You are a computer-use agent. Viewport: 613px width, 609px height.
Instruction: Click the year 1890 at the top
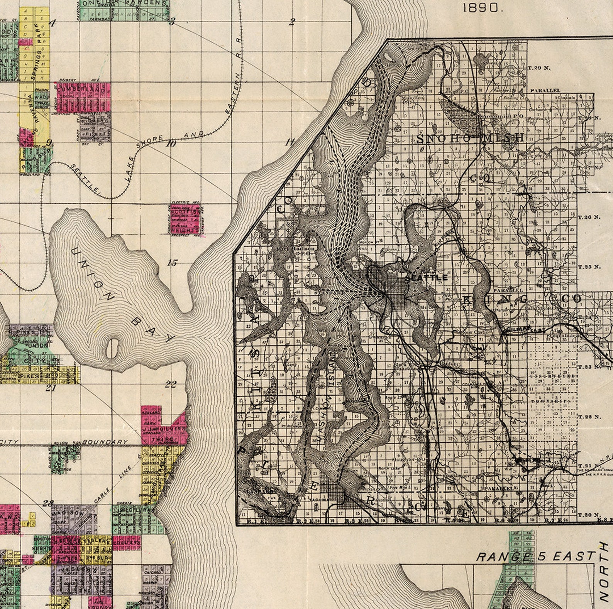click(x=483, y=8)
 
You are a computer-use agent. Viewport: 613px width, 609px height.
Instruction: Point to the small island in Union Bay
click(x=112, y=348)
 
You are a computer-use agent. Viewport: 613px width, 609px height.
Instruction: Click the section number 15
click(x=172, y=263)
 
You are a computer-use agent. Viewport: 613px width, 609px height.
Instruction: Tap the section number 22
click(x=171, y=384)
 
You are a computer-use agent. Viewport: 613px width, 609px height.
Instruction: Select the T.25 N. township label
click(x=589, y=267)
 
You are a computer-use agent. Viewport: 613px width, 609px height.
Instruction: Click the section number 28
click(x=48, y=503)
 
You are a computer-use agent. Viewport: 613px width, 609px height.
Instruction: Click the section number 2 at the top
click(x=292, y=22)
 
